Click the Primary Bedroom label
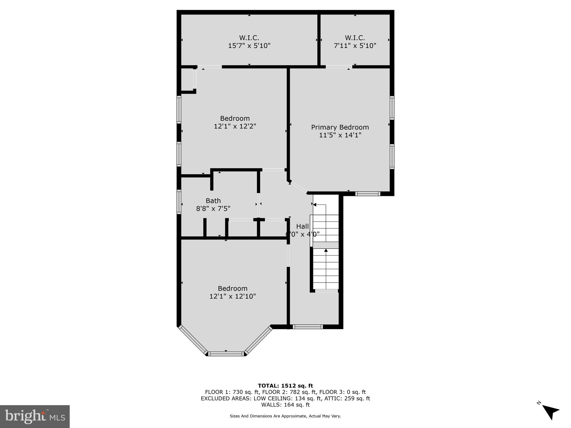(x=340, y=127)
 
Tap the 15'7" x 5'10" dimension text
(x=249, y=46)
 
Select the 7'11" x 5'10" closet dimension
(x=355, y=46)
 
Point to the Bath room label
(x=213, y=201)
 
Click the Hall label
(x=303, y=226)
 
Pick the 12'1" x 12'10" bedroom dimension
(x=233, y=296)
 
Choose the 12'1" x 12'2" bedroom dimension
(x=235, y=126)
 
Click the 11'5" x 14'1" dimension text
(x=340, y=135)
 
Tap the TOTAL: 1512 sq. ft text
(x=285, y=386)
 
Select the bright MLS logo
(x=35, y=417)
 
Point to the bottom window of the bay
(x=226, y=354)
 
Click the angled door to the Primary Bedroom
(x=298, y=188)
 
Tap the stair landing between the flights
(x=326, y=245)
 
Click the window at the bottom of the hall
(x=308, y=327)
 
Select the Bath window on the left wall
(x=179, y=202)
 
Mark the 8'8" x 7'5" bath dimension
(x=213, y=208)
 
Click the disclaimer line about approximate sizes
(x=285, y=416)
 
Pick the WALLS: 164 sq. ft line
(x=285, y=405)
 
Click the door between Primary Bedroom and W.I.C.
(x=339, y=67)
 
